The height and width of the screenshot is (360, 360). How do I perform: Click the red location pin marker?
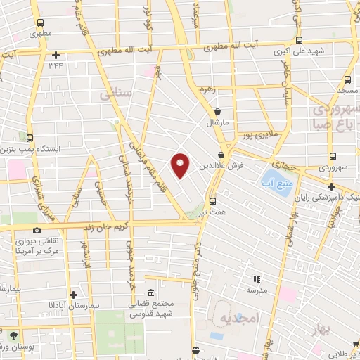coord(181,165)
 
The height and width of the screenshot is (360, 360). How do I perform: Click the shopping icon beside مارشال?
coord(218,111)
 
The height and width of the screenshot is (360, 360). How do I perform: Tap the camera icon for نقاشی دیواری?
coord(37,230)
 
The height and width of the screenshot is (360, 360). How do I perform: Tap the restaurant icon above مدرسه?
coord(257,280)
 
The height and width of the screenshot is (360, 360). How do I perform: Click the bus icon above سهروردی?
coord(332,157)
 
